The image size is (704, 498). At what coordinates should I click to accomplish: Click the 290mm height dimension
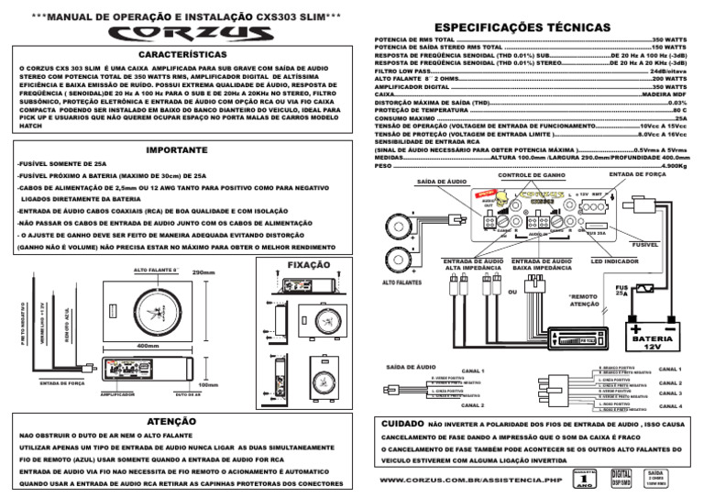pyautogui.click(x=203, y=272)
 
